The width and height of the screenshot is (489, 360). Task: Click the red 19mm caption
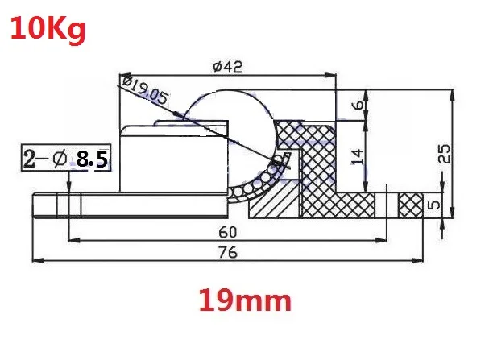coord(245,300)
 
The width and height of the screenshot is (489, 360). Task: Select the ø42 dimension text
coord(228,67)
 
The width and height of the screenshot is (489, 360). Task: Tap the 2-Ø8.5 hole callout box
coord(66,157)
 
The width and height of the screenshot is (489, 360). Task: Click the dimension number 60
coord(228,233)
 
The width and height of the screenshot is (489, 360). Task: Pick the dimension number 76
coord(228,252)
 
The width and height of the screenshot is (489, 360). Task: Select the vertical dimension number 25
coord(445,153)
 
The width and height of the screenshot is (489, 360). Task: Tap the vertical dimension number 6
coord(358,105)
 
